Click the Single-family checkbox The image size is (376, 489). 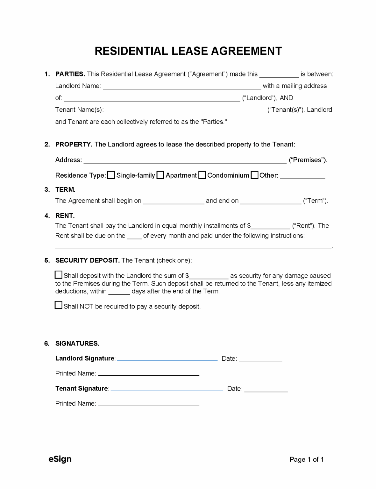[x=111, y=175]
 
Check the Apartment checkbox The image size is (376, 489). [x=160, y=175]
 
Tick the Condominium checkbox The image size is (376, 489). [x=202, y=175]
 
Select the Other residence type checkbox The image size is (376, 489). [x=254, y=175]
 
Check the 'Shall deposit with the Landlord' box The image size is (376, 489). [x=59, y=275]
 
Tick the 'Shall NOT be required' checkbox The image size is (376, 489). [x=59, y=305]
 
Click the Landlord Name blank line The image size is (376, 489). [x=182, y=87]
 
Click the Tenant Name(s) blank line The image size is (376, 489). [x=184, y=110]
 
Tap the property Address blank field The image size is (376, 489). [x=185, y=160]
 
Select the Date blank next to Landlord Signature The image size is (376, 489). [x=260, y=359]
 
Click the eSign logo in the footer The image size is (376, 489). [x=60, y=459]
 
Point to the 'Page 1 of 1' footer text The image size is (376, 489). [x=306, y=459]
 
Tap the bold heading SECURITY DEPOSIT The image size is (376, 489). [x=88, y=260]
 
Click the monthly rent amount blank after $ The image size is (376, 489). [x=271, y=227]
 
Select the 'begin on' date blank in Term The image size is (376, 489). [x=174, y=202]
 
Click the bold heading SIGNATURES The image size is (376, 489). [x=77, y=344]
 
